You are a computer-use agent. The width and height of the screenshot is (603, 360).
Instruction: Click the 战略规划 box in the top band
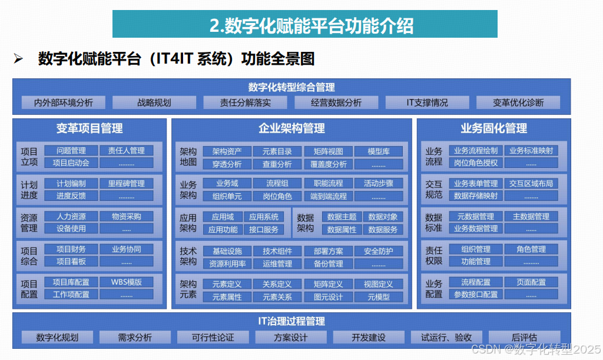pos(154,103)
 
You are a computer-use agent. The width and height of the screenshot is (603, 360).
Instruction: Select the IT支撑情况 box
pos(427,103)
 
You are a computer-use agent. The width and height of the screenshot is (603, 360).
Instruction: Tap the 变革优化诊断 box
pos(518,103)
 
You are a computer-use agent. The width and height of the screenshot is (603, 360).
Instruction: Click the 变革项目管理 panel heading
pos(90,128)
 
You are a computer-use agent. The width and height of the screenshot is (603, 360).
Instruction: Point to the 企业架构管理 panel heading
pos(291,128)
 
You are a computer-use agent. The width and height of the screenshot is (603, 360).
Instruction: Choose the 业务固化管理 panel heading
pos(493,128)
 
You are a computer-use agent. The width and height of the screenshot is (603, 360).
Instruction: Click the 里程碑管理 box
pos(126,183)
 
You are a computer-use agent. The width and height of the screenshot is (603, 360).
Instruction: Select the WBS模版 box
pos(126,282)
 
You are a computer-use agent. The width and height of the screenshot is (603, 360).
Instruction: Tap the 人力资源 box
pos(71,216)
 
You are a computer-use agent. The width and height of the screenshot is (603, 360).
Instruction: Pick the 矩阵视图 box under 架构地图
pos(328,151)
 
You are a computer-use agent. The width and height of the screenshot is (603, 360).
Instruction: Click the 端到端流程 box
pos(328,196)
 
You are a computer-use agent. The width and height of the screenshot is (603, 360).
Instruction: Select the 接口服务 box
pos(264,229)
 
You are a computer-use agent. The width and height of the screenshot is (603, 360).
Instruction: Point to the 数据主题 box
pos(342,217)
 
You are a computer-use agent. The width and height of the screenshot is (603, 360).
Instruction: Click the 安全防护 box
pos(379,252)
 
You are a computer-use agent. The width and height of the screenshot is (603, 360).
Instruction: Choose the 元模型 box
pos(379,297)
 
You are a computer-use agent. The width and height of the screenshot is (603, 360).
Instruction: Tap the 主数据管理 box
pos(531,216)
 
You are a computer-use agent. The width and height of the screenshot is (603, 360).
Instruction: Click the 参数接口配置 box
pos(476,294)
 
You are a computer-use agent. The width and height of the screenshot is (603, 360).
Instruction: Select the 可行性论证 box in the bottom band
pos(213,338)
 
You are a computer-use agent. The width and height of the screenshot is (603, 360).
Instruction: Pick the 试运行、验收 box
pos(446,338)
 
